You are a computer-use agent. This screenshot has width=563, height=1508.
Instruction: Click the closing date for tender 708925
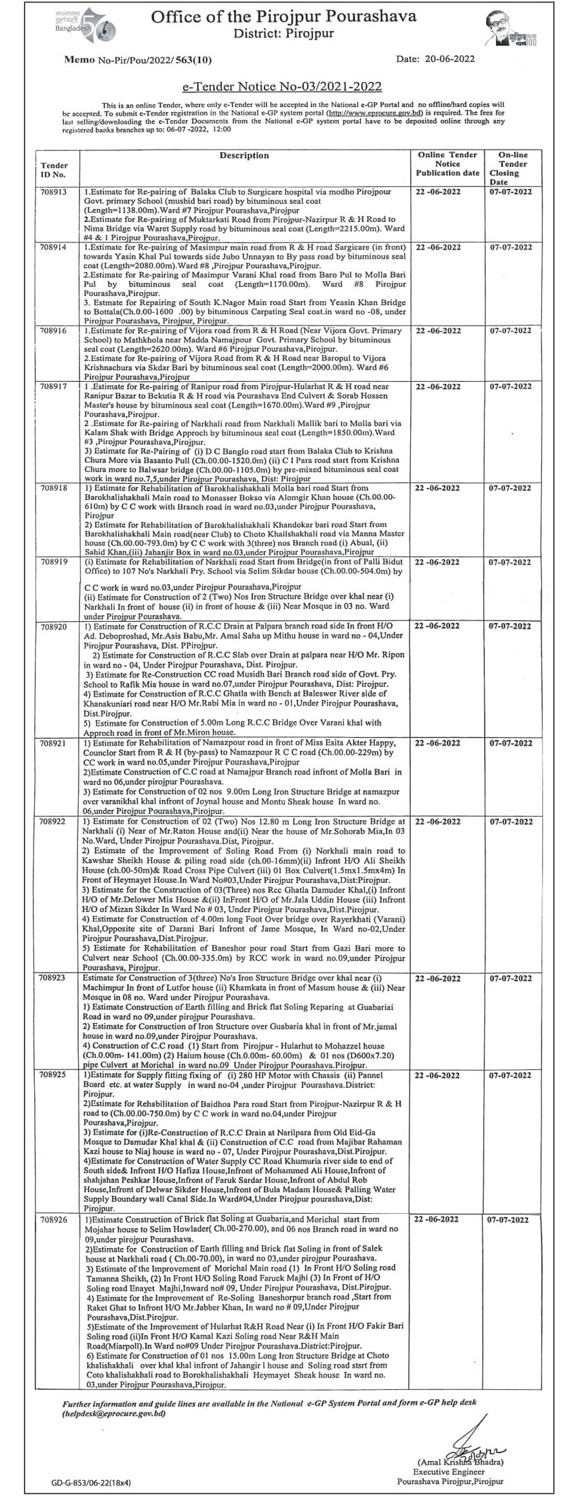pos(510,1076)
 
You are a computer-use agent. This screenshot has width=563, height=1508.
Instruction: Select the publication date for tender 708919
pos(439,562)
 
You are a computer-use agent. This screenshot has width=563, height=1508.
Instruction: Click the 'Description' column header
pos(244,155)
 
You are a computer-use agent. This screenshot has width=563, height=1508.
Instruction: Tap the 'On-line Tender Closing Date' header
pos(512,168)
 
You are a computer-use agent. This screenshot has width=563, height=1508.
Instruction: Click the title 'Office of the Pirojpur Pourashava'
pos(283,17)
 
